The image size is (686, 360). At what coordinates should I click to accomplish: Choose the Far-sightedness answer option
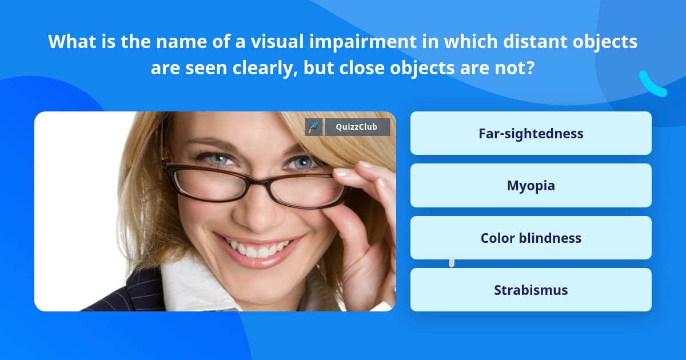531,133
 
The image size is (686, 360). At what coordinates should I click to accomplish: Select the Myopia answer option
531,185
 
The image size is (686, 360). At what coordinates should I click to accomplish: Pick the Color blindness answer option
531,238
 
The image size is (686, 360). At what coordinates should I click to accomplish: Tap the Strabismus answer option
531,290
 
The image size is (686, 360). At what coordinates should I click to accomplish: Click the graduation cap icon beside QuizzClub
314,127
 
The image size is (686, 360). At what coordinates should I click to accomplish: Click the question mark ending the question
531,68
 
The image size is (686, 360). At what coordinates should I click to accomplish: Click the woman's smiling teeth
258,249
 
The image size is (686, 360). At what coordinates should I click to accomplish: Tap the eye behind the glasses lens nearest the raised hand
302,163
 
